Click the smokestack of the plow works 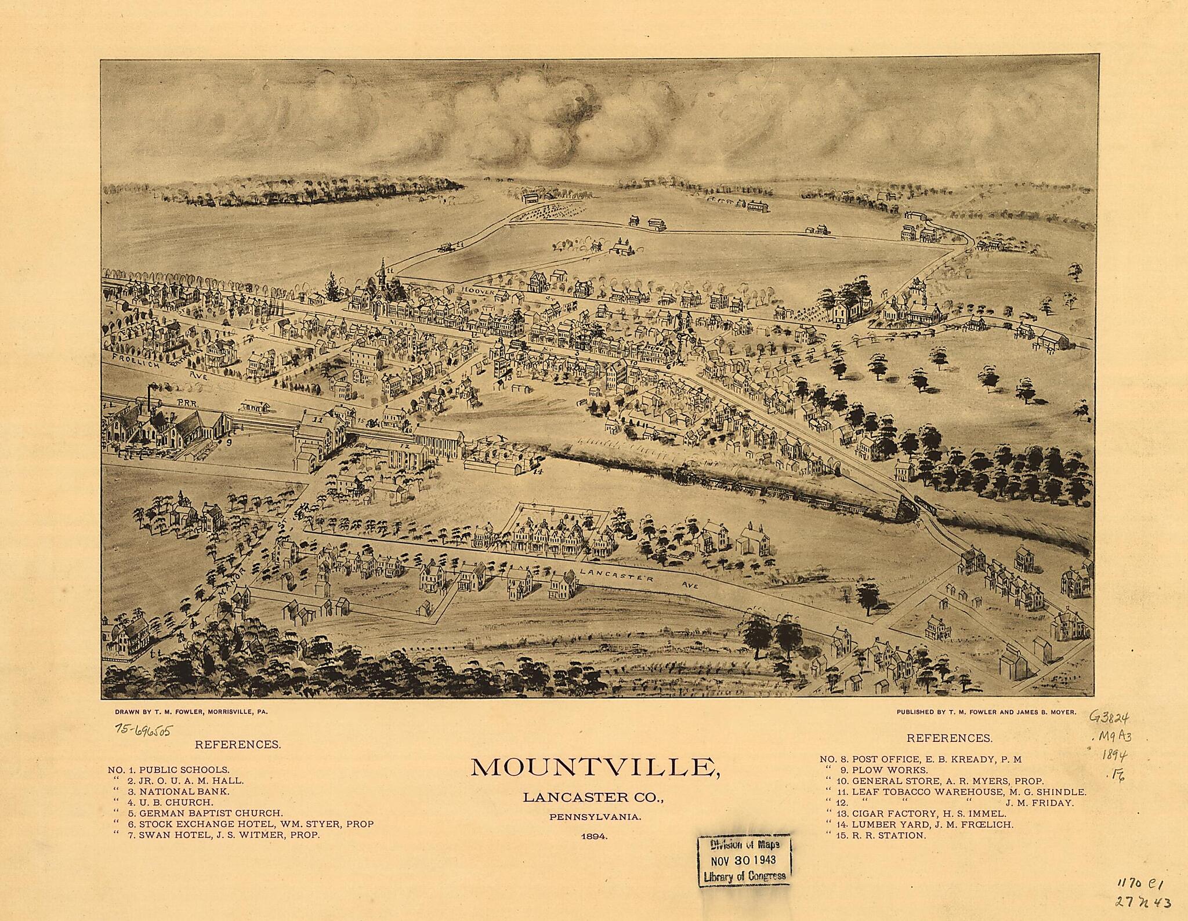(x=151, y=396)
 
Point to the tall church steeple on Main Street (x=383, y=275)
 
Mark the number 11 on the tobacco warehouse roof (x=317, y=418)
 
